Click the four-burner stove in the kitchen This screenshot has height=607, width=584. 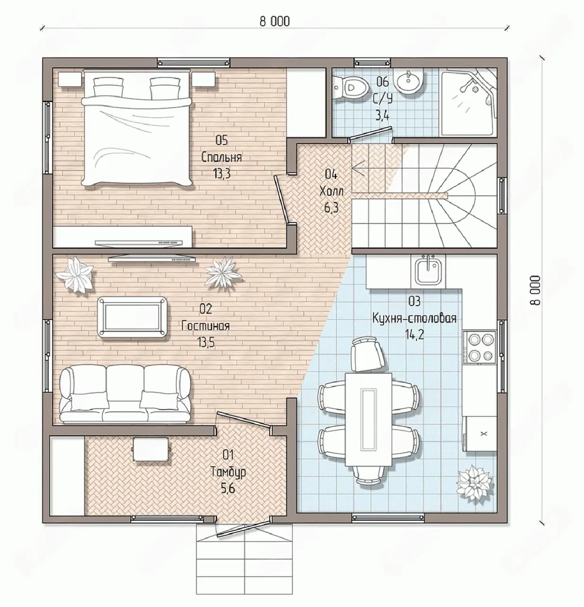coord(479,347)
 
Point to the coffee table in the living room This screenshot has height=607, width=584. coord(133,317)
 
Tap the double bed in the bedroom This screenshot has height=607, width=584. coord(136,128)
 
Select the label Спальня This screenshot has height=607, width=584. coord(222,157)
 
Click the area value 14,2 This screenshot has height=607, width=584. coord(414,335)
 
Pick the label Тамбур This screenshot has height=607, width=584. coord(228,472)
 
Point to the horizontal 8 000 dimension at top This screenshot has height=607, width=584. coord(274,21)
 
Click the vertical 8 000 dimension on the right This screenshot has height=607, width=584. coord(535,290)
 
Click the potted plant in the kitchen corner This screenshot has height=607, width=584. coord(475,485)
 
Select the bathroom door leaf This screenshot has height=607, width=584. coord(371,133)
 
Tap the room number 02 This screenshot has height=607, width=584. coord(206,309)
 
